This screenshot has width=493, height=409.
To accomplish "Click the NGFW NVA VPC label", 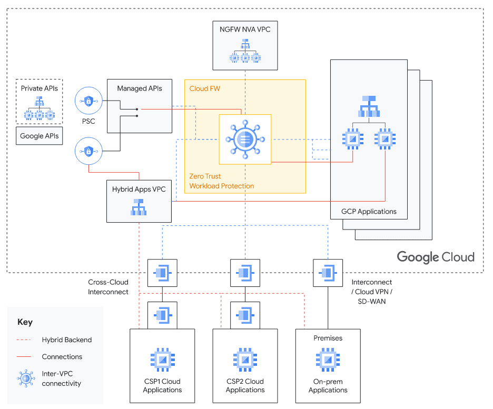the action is click(245, 29).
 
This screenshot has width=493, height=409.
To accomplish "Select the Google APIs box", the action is click(40, 136).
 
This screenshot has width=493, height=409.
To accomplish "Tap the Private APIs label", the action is click(40, 88).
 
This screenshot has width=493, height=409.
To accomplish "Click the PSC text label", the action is click(88, 121).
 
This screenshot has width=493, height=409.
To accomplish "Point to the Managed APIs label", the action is click(140, 88).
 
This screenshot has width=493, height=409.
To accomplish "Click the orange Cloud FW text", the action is click(205, 88).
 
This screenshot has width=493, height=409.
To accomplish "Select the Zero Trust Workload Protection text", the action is click(221, 181).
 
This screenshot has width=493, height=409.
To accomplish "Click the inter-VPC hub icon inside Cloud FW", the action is click(245, 139).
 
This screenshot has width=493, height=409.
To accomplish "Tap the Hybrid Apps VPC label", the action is click(139, 189).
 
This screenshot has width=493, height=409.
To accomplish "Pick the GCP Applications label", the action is click(369, 212).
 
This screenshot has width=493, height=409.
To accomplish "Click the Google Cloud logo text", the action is click(436, 257).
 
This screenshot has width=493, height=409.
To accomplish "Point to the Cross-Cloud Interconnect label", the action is click(108, 287).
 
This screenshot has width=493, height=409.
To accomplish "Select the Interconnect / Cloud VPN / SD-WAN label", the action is click(372, 292).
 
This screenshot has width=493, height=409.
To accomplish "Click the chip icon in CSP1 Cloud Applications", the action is click(163, 360).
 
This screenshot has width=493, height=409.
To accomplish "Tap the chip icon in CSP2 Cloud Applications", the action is click(245, 360).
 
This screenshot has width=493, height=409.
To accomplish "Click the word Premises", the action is click(328, 338).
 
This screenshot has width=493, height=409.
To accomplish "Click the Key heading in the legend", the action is click(25, 322).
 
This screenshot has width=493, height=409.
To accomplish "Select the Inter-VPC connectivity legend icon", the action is click(26, 378).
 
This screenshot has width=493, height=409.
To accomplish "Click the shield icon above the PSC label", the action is click(88, 101).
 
